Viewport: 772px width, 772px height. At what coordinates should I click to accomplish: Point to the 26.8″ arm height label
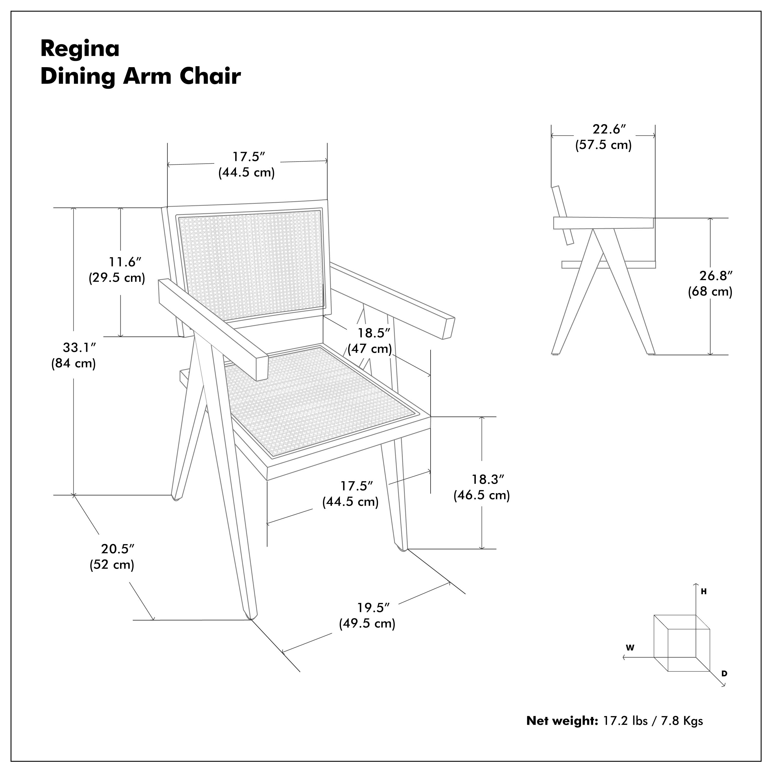pyautogui.click(x=716, y=276)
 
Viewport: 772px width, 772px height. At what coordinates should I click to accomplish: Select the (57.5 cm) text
pyautogui.click(x=603, y=145)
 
